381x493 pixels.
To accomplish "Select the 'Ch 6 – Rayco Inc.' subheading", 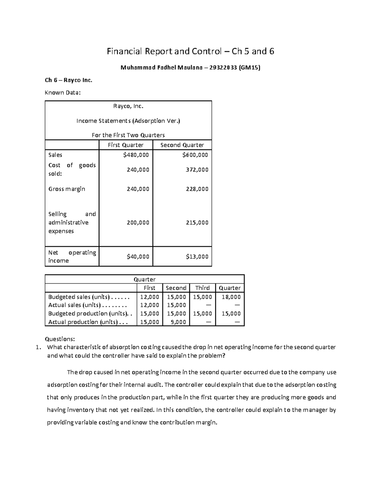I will coord(69,80).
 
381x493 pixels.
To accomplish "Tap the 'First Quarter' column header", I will coord(126,145).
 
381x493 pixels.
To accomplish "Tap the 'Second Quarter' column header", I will coord(182,145).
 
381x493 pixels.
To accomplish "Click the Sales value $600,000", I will coord(195,155).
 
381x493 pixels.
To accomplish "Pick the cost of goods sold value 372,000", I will coord(197,170).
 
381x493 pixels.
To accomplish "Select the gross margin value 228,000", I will coord(197,189).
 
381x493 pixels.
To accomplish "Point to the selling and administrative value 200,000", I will coord(138,223).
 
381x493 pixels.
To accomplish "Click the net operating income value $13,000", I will coord(197,256).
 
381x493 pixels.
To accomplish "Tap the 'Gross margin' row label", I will coord(67,189).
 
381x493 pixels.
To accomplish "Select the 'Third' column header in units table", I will coord(202,288).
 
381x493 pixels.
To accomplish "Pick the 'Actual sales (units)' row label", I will coord(74,305).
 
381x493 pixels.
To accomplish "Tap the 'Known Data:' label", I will coord(63,93).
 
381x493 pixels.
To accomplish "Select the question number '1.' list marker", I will coord(39,347).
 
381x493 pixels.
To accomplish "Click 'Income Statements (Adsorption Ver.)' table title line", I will coord(128,121).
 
